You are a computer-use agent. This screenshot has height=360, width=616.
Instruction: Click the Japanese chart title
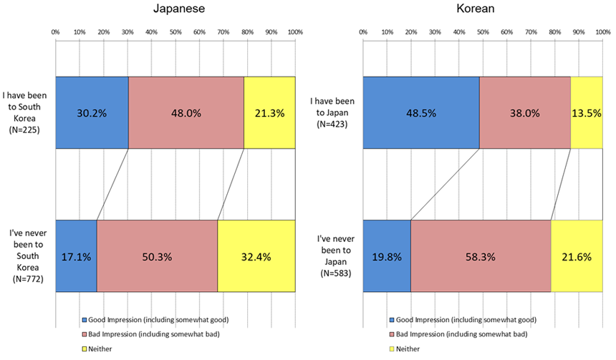176,9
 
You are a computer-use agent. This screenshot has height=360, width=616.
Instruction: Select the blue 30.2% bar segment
92,112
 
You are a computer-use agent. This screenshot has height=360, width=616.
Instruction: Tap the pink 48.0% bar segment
186,112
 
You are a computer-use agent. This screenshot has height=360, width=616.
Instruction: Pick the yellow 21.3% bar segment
269,112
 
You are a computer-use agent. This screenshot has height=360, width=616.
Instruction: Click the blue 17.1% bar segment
76,256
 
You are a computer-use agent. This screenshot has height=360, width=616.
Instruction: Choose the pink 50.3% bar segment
157,256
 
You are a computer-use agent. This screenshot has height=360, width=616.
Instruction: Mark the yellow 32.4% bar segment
256,256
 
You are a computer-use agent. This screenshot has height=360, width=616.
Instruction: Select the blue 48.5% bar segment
421,112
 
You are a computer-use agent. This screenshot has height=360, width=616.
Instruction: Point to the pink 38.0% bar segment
524,112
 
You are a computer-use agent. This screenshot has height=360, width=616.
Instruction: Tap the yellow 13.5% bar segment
587,112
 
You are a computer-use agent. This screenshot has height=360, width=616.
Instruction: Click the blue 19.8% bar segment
387,256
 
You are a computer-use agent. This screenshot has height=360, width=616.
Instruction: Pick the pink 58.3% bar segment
481,256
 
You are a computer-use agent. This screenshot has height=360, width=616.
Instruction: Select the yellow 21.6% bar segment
577,256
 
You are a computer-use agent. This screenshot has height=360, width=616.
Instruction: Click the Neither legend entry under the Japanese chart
97,349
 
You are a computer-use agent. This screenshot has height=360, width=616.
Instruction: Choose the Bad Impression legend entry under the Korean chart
458,334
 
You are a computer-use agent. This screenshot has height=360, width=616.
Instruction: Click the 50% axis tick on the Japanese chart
175,32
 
